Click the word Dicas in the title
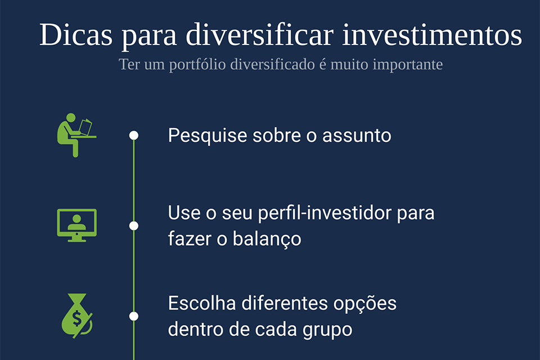[x=76, y=34]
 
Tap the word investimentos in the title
[x=432, y=34]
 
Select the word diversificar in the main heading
[x=260, y=34]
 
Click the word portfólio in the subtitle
[x=197, y=65]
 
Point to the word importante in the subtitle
[x=408, y=65]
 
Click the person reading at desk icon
[x=76, y=135]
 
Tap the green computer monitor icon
[x=77, y=226]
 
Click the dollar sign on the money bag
[x=77, y=318]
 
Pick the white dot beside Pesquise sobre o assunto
[x=134, y=136]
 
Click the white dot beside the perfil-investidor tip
[x=134, y=226]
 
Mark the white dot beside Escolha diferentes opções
[x=134, y=316]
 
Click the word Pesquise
[x=208, y=136]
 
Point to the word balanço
[x=267, y=239]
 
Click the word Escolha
[x=202, y=304]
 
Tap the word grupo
[x=327, y=330]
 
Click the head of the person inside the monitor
[x=77, y=218]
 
